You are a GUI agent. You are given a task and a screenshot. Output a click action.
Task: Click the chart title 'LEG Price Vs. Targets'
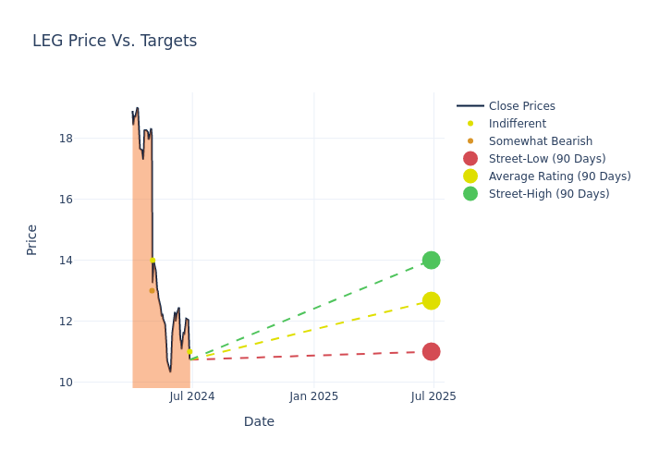coord(115,41)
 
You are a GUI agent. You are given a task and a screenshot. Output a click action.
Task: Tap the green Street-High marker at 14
coord(431,261)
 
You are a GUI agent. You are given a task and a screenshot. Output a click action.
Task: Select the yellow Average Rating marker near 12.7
coord(431,301)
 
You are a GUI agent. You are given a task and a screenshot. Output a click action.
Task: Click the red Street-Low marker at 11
coord(431,351)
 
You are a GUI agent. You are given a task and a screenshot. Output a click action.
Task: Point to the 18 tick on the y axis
coord(66,139)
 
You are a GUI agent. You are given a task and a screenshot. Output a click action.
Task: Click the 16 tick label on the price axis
coord(66,200)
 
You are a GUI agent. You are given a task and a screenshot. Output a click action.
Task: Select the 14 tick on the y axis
coord(66,261)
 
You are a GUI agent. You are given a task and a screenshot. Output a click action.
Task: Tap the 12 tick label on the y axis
coord(66,322)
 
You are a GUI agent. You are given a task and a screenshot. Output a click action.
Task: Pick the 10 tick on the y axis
coord(66,382)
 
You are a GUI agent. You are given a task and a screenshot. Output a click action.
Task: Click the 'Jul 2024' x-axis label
coord(192,396)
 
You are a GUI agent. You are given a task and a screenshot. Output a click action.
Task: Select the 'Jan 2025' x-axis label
coord(313,396)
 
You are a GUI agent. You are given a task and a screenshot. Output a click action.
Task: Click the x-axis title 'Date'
coord(259,421)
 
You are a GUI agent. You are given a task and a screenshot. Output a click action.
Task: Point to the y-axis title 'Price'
coord(32,239)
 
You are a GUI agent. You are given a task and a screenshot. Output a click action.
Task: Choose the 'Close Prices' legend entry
coord(521,106)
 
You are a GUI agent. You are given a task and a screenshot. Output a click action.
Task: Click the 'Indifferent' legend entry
coord(517,124)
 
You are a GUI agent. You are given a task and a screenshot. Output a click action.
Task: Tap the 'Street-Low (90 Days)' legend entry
coord(546,159)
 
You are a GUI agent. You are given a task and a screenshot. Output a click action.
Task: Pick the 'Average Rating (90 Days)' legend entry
coord(559,176)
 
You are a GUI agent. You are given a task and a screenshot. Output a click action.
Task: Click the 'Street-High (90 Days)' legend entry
coord(548,194)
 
